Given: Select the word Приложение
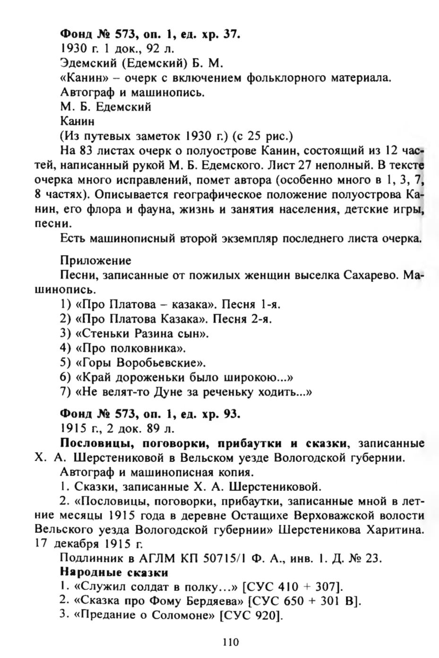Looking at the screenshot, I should (x=95, y=261).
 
